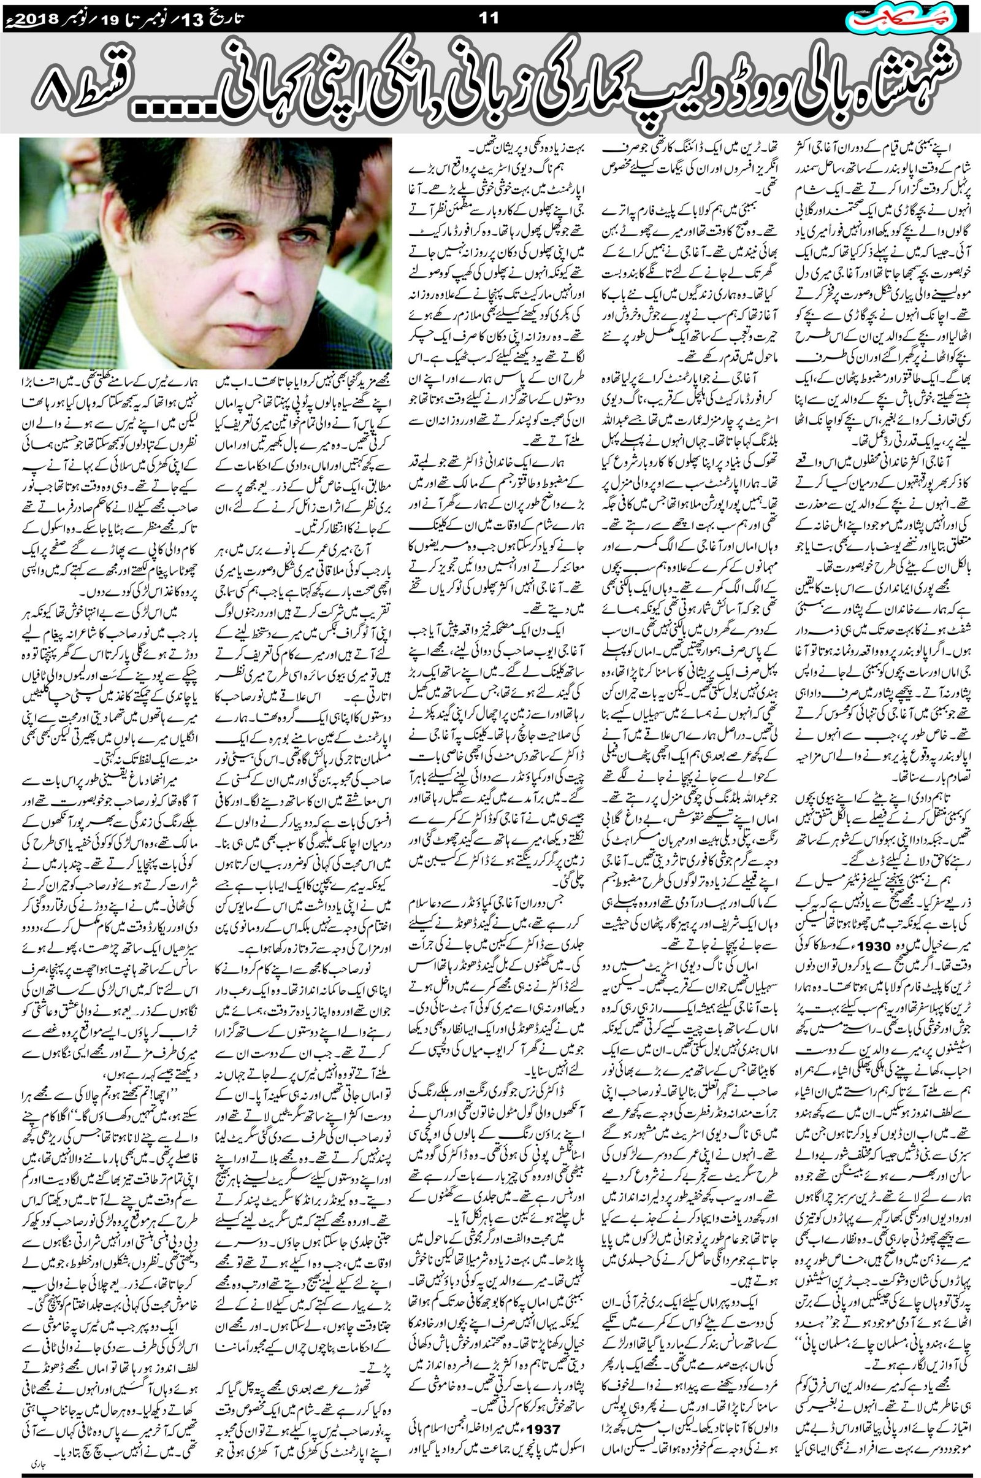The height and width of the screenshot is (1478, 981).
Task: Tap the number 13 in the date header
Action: pos(207,18)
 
